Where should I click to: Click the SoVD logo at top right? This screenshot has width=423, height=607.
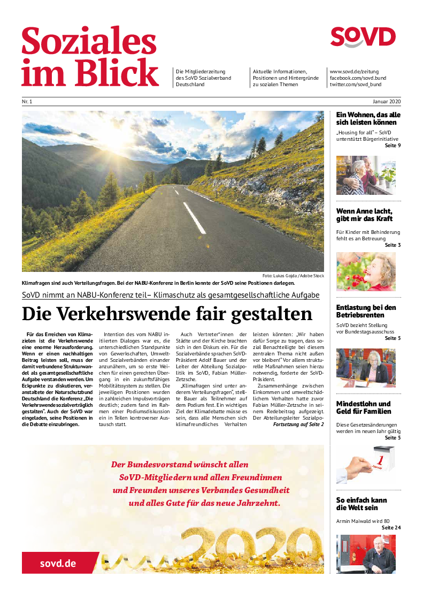pyautogui.click(x=363, y=37)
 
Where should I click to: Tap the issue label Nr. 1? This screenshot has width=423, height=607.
pyautogui.click(x=27, y=102)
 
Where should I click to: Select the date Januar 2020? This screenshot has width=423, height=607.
pyautogui.click(x=387, y=102)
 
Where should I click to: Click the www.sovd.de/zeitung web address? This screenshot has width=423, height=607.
pyautogui.click(x=354, y=71)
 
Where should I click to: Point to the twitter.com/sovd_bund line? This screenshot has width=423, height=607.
pyautogui.click(x=355, y=85)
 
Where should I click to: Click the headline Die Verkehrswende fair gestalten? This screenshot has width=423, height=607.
pyautogui.click(x=167, y=314)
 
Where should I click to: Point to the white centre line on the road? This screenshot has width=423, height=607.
pyautogui.click(x=194, y=217)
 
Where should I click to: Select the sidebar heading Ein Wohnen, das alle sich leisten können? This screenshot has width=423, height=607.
pyautogui.click(x=368, y=119)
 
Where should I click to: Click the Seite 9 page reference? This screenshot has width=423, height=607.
pyautogui.click(x=392, y=146)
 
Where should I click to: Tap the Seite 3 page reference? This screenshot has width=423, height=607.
pyautogui.click(x=393, y=245)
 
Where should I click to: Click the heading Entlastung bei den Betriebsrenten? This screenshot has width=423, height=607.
pyautogui.click(x=366, y=311)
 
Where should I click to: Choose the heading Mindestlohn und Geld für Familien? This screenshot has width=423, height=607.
pyautogui.click(x=363, y=407)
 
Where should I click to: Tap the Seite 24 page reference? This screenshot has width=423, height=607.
pyautogui.click(x=391, y=528)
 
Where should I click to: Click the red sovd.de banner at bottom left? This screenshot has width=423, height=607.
pyautogui.click(x=58, y=563)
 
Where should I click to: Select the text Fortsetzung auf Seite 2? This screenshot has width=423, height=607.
pyautogui.click(x=298, y=424)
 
